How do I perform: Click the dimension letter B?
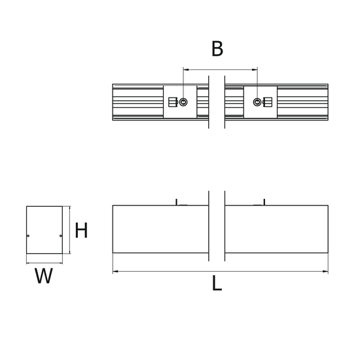(x=217, y=48)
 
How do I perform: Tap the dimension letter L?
(x=217, y=283)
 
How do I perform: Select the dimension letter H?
(x=81, y=230)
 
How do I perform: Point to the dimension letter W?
(x=44, y=276)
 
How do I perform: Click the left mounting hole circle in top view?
(x=183, y=102)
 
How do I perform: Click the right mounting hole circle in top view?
(x=257, y=102)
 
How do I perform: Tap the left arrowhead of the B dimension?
(x=186, y=69)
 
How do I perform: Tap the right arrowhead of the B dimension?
(x=255, y=69)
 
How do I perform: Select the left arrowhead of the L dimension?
(x=115, y=272)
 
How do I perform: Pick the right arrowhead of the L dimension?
(x=325, y=272)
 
